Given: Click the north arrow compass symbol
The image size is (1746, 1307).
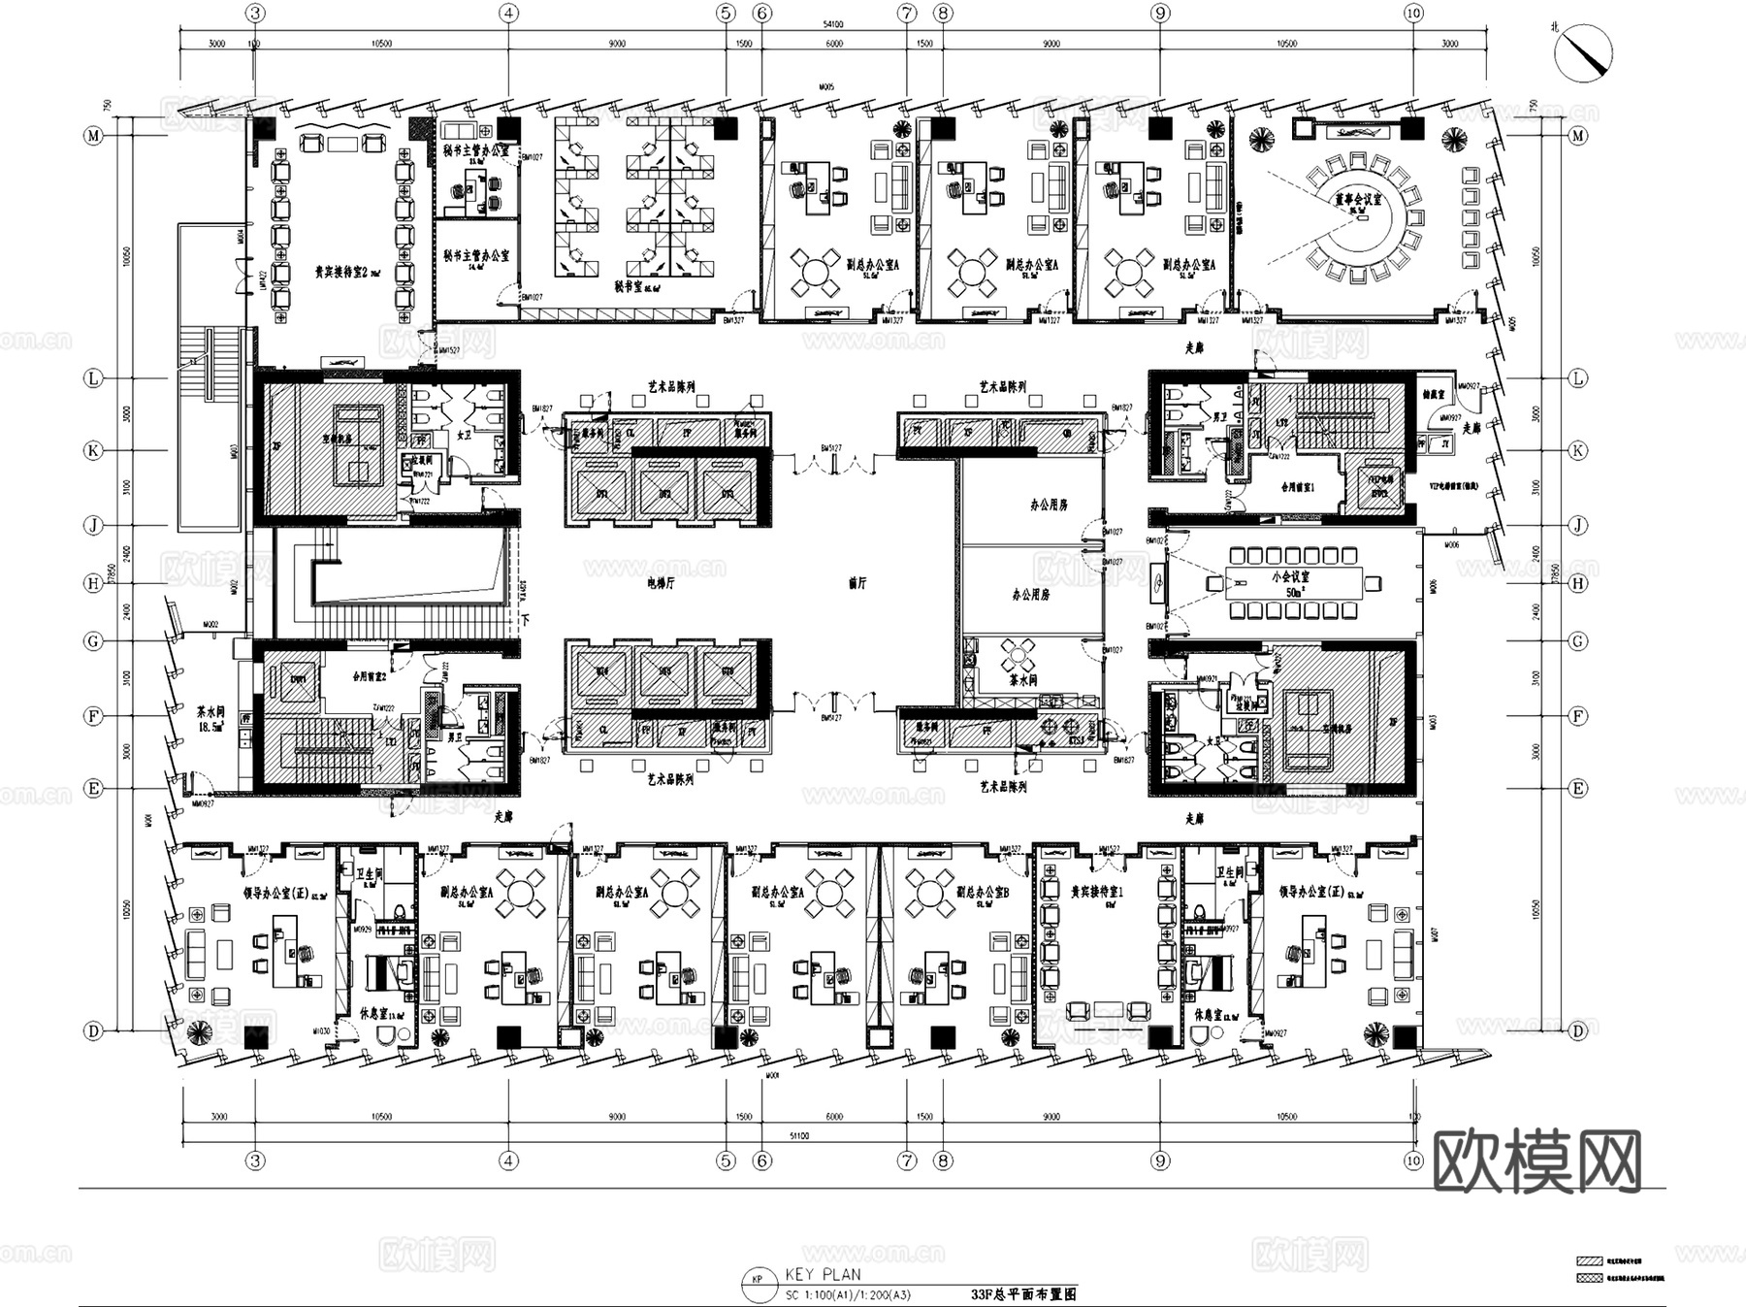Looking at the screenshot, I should [x=1583, y=51].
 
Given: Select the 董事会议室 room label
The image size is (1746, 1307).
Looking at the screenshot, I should [x=1357, y=199].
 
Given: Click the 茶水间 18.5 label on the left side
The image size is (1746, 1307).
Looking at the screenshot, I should [x=211, y=718].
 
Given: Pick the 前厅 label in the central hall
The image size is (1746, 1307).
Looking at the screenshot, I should [x=857, y=584].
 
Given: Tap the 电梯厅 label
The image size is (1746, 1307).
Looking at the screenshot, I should [x=660, y=584].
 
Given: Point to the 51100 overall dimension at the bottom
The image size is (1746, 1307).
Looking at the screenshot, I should [x=799, y=1135].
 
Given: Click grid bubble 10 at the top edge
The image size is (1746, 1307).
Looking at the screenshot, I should [x=1413, y=14].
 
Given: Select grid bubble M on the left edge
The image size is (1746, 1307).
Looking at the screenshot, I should [x=94, y=136].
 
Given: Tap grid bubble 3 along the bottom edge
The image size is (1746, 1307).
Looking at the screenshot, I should [x=255, y=1160].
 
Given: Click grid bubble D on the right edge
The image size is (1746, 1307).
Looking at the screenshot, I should [x=1578, y=1030].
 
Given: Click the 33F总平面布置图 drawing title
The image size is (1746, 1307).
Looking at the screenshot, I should [x=1023, y=1294].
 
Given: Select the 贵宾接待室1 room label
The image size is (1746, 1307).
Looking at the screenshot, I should [x=1097, y=892].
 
